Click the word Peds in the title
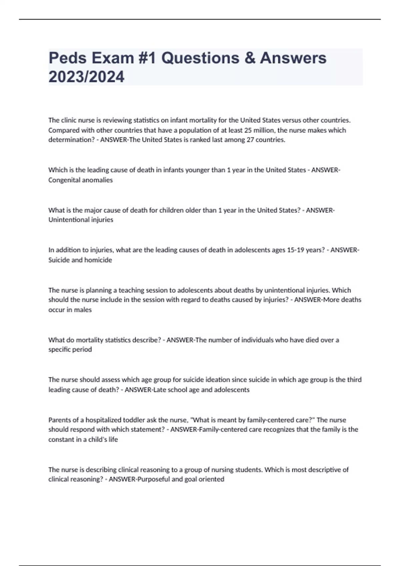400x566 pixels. click(x=67, y=58)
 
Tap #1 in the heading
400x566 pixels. click(x=146, y=58)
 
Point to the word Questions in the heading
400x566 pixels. click(x=200, y=58)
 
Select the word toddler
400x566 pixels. click(x=134, y=420)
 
